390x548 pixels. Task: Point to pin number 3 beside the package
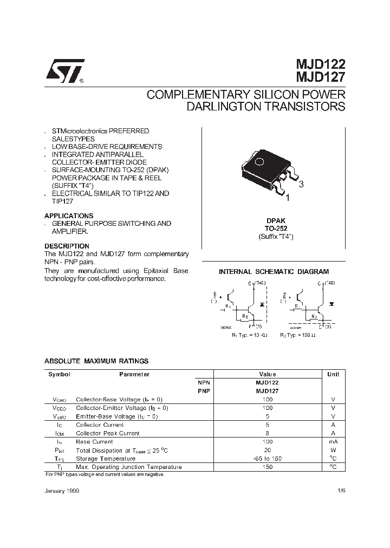point(301,184)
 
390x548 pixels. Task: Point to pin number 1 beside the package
point(288,198)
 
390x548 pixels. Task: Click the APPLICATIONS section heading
point(68,216)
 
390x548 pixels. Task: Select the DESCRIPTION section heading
point(67,246)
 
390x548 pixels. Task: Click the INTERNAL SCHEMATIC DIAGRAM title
point(274,272)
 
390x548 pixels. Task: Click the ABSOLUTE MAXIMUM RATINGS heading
point(96,361)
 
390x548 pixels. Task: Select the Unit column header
point(333,374)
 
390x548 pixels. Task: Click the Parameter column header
point(134,374)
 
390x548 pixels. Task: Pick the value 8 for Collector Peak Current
point(268,433)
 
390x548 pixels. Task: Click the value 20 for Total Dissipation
point(268,450)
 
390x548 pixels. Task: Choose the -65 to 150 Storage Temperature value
point(268,458)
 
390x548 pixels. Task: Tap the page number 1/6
point(341,490)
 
